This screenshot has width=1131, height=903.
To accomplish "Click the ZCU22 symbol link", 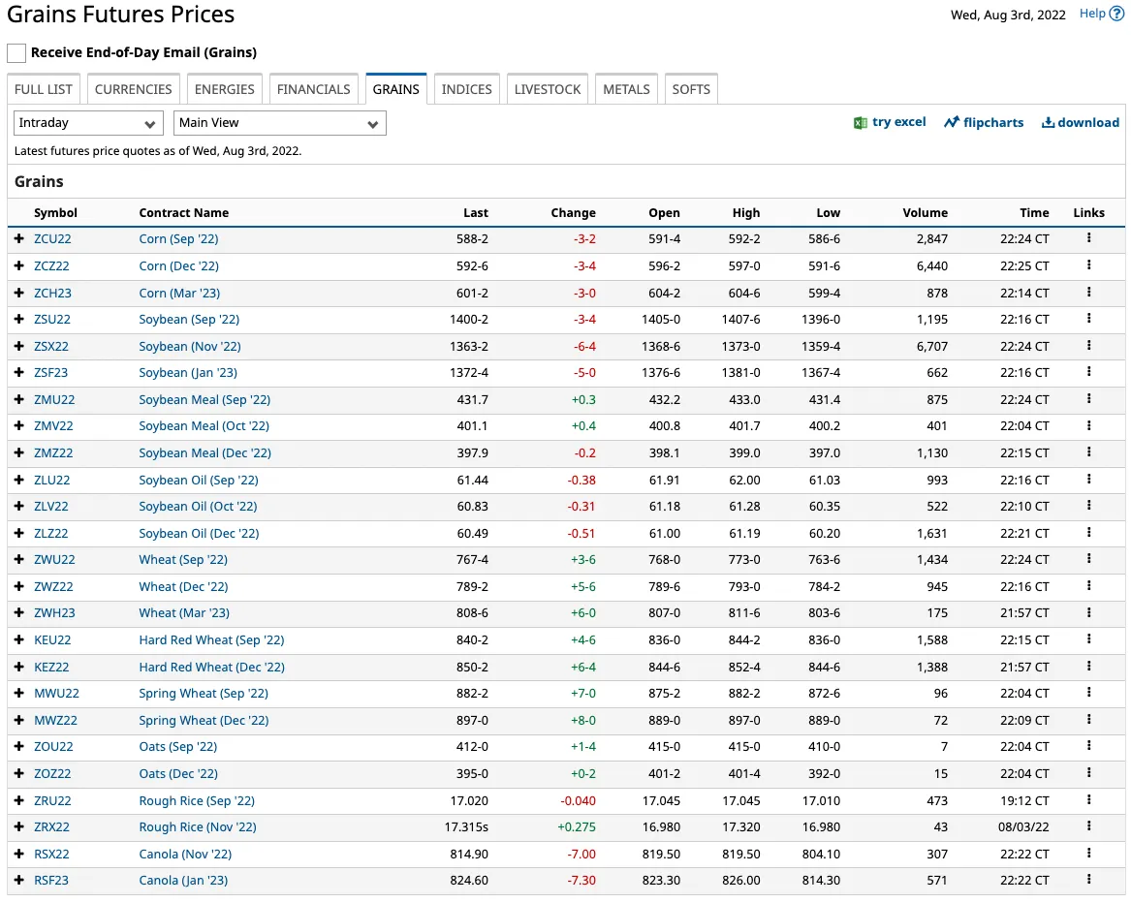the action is (x=52, y=238).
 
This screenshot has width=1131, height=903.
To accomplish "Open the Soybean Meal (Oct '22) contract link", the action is (x=204, y=426).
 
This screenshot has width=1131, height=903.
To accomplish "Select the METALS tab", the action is (x=626, y=89).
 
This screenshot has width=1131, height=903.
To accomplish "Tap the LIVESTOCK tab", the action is (x=548, y=89).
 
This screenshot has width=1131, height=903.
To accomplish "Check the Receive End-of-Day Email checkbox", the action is (x=16, y=52).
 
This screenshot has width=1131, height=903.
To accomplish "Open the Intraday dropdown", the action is (x=88, y=123).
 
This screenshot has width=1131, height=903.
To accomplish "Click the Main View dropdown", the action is (x=280, y=123).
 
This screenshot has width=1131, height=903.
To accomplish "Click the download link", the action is (x=1081, y=123).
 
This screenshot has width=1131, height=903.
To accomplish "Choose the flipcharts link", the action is (x=984, y=123).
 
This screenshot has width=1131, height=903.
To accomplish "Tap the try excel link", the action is (x=890, y=123).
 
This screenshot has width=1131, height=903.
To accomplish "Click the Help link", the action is (x=1101, y=14).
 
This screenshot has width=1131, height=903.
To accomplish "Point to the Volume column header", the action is (x=926, y=213).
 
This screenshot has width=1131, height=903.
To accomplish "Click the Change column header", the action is (x=574, y=213).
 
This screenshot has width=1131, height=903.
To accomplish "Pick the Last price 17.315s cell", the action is (x=466, y=827).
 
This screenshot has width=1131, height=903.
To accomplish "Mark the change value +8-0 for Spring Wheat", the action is (x=583, y=721).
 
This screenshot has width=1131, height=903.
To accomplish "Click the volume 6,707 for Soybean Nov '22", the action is (x=932, y=346).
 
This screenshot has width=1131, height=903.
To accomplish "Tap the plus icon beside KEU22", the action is (x=19, y=639).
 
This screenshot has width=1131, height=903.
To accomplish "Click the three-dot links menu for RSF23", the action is (x=1089, y=879).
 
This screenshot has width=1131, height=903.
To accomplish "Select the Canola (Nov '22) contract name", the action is (x=185, y=854).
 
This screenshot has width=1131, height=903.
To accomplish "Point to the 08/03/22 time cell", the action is (x=1023, y=827).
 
